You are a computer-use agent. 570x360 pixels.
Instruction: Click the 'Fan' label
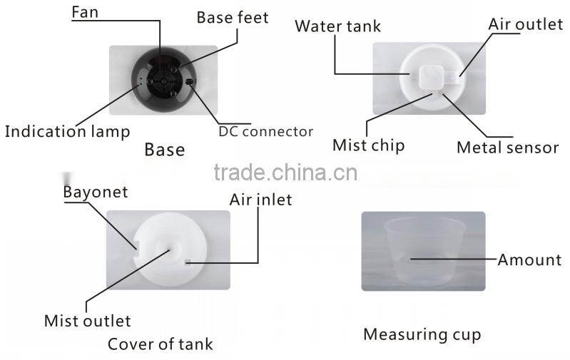point(85,12)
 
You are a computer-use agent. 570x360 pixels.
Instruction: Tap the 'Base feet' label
point(233,17)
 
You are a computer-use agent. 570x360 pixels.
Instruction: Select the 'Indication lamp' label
point(67,131)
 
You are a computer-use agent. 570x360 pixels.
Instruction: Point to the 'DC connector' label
point(265,131)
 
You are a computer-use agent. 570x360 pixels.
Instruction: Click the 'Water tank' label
point(337,26)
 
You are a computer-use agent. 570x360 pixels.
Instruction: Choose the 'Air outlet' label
point(525,24)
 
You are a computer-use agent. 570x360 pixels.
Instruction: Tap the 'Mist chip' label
point(368,145)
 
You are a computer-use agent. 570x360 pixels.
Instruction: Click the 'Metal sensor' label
point(507,148)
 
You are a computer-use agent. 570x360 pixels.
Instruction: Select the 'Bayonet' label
point(96,192)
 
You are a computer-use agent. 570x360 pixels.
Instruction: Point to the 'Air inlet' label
point(260,200)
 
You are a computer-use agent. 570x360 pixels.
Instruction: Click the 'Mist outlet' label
point(87,321)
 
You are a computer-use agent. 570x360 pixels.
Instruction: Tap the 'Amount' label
point(529,260)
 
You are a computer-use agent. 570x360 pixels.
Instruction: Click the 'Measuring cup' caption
point(422,334)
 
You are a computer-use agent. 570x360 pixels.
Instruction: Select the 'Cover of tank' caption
point(161,344)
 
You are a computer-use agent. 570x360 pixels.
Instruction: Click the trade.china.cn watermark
point(286,173)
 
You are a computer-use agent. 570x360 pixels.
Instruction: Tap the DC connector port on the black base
point(189,82)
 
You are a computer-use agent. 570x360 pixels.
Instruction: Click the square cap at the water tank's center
point(431,78)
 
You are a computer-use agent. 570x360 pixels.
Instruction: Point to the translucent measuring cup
point(424,251)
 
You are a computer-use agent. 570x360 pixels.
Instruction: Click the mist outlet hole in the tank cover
point(169,250)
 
